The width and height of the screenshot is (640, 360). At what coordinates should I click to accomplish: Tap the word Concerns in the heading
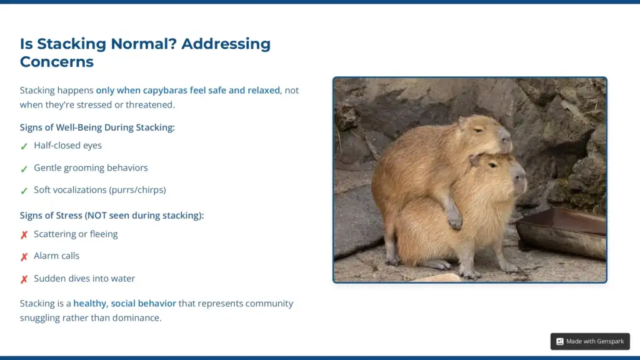coord(57,62)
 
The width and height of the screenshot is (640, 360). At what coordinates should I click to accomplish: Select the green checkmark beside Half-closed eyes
coord(24,146)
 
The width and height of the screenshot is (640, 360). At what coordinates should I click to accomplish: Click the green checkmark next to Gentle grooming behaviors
coord(24,169)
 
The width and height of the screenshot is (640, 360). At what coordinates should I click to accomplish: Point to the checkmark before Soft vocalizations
coord(24,191)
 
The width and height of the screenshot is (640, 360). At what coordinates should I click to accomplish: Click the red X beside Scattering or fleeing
coord(24,235)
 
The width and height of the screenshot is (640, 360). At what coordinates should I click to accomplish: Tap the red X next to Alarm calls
coord(24,257)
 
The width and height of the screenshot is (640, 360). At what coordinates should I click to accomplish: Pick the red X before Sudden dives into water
coord(24,279)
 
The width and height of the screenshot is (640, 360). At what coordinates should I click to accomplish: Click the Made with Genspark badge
coord(590,341)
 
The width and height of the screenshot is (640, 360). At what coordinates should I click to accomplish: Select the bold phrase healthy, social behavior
coord(124,303)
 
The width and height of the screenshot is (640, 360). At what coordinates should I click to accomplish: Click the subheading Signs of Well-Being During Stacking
coord(97,127)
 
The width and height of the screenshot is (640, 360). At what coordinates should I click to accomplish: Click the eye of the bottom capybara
coord(493,165)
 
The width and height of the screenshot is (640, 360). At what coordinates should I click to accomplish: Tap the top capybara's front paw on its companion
coord(454,220)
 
